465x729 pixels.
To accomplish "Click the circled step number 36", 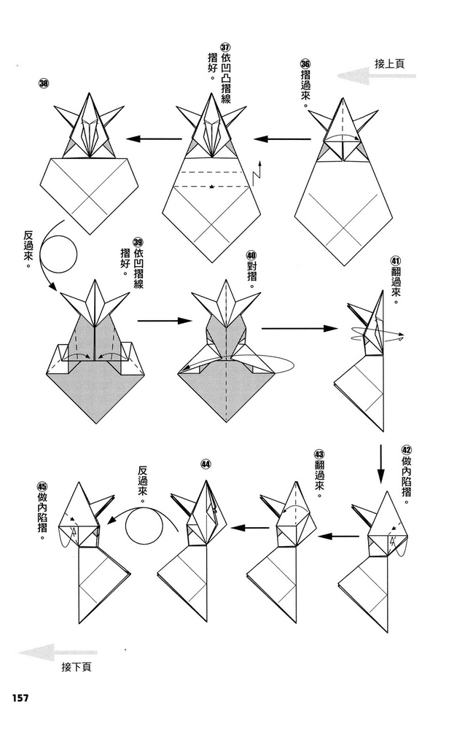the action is tap(305, 64).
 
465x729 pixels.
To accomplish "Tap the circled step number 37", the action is tap(225, 48).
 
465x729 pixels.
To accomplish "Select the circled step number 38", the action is tap(44, 84).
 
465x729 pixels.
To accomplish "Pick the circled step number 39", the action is tap(138, 242).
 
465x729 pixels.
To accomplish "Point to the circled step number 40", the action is tap(251, 255).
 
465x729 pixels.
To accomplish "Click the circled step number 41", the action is tap(396, 261).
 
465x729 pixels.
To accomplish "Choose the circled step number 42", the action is tap(407, 450).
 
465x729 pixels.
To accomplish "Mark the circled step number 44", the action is tap(206, 464).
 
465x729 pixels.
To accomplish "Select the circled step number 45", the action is tap(42, 486).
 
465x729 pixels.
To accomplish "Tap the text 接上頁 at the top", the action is tap(390, 63).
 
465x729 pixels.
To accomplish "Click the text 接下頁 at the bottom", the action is tap(77, 667).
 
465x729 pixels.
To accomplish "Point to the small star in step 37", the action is tap(211, 187).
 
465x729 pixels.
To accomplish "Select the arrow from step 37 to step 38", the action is tap(154, 139).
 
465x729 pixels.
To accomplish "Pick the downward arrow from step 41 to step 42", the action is tap(381, 464).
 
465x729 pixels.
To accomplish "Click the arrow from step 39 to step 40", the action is tap(165, 321).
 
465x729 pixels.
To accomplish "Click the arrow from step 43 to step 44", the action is tap(250, 528).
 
